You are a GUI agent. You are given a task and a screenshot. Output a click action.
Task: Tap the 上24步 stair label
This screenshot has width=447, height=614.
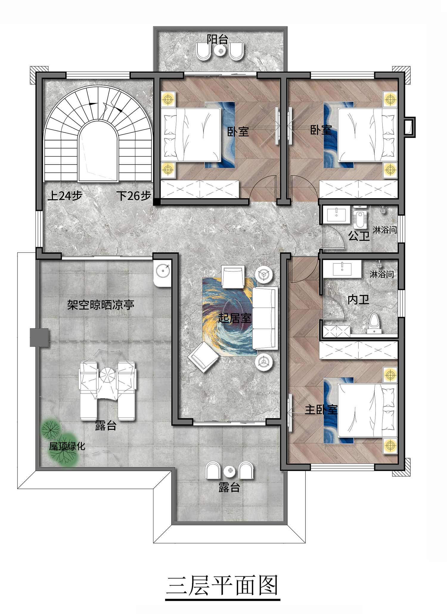65,196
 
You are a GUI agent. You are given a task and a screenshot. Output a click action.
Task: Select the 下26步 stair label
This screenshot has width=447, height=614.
134,196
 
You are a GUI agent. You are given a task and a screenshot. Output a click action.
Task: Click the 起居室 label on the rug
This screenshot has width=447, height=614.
235,318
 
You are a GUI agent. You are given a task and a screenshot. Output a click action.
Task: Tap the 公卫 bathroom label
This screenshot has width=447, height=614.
359,236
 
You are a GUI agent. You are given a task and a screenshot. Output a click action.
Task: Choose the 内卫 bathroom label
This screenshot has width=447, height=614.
358,299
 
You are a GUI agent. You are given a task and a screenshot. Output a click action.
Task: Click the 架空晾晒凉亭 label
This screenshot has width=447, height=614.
100,305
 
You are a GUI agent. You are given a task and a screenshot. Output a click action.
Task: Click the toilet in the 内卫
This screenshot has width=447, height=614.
374,323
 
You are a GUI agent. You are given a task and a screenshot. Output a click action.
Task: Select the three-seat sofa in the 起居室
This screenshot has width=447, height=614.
265,318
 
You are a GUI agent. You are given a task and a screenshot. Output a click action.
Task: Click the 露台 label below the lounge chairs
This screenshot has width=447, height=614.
105,426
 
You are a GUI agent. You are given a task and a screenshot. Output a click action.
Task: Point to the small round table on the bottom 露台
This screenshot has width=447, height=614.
230,471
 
